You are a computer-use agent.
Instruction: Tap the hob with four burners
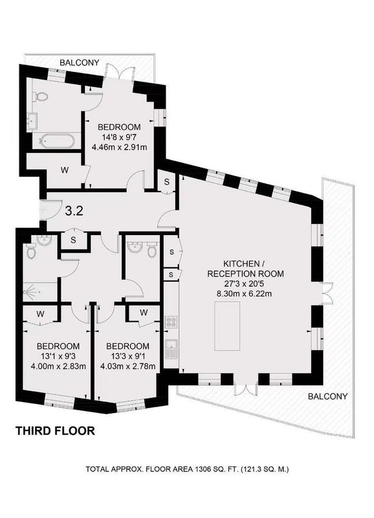pyautogui.click(x=171, y=322)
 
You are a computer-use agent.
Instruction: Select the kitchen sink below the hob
pyautogui.click(x=171, y=349)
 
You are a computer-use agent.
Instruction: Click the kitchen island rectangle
pyautogui.click(x=227, y=326)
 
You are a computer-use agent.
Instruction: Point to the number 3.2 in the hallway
pyautogui.click(x=74, y=211)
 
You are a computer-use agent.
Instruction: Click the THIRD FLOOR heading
pyautogui.click(x=56, y=431)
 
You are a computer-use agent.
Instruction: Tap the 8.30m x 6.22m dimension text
pyautogui.click(x=243, y=293)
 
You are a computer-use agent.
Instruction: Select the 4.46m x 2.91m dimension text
pyautogui.click(x=119, y=147)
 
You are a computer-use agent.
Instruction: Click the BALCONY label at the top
pyautogui.click(x=79, y=62)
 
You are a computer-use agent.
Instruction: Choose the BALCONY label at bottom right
pyautogui.click(x=327, y=396)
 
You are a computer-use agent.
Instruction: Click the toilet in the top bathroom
pyautogui.click(x=41, y=96)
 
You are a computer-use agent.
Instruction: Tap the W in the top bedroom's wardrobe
pyautogui.click(x=65, y=170)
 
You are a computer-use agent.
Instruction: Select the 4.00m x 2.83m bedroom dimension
pyautogui.click(x=58, y=366)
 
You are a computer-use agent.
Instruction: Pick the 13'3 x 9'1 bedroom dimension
pyautogui.click(x=127, y=356)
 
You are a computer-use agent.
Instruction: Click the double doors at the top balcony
pyautogui.click(x=119, y=71)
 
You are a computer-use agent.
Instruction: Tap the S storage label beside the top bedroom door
pyautogui.click(x=167, y=181)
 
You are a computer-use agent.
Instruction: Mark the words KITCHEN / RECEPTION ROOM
pyautogui.click(x=245, y=269)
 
